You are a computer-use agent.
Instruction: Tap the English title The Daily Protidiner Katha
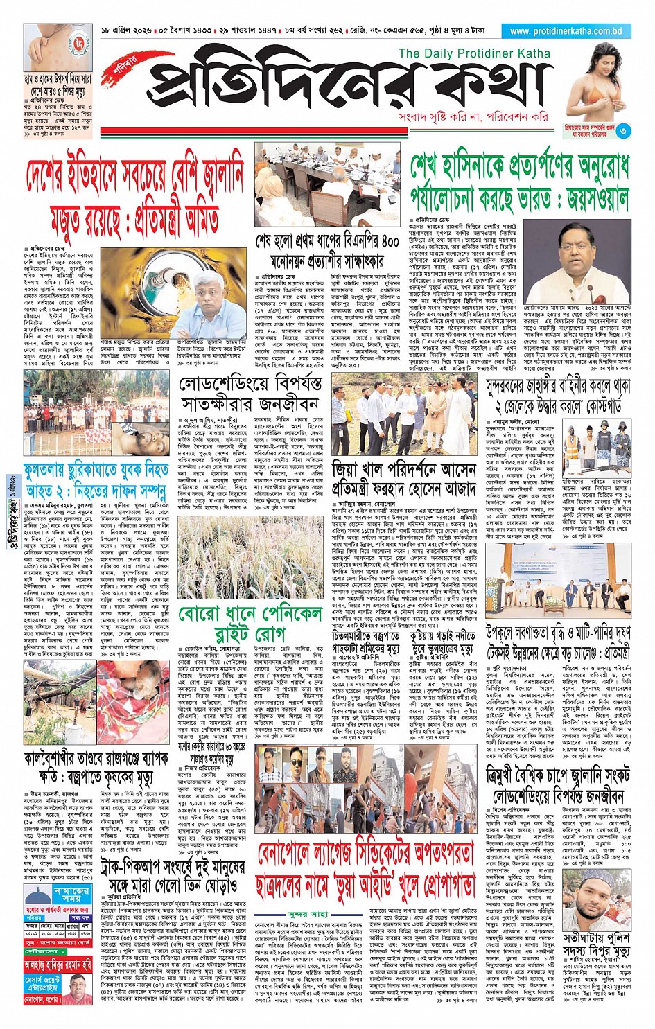click(474, 53)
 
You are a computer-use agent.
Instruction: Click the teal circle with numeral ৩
click(624, 130)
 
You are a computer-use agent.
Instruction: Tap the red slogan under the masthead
click(473, 117)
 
